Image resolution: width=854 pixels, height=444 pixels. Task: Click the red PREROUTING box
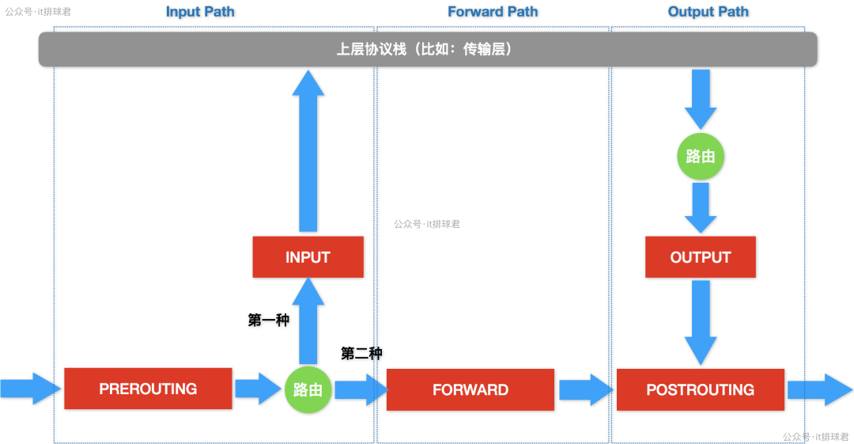(148, 389)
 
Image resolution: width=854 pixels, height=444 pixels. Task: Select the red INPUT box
(308, 257)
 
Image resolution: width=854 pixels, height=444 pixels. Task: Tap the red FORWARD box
(470, 389)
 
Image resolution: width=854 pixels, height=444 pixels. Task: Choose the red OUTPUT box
(700, 257)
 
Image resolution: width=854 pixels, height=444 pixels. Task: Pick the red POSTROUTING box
(700, 389)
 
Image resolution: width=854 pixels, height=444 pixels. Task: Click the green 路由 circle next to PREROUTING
(308, 389)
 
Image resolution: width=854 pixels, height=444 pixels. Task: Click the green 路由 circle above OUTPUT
(700, 156)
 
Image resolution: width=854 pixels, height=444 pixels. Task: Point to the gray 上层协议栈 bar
(427, 49)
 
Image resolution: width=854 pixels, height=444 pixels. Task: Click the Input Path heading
(200, 12)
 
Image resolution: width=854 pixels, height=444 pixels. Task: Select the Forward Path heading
(493, 12)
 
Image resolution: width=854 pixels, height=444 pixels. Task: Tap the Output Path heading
(708, 12)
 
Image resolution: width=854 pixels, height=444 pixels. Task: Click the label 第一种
(268, 321)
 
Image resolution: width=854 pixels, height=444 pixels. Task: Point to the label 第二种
(361, 354)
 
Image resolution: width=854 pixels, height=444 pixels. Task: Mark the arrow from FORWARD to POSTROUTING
(585, 389)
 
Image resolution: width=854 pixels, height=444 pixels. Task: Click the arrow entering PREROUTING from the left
(30, 389)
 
